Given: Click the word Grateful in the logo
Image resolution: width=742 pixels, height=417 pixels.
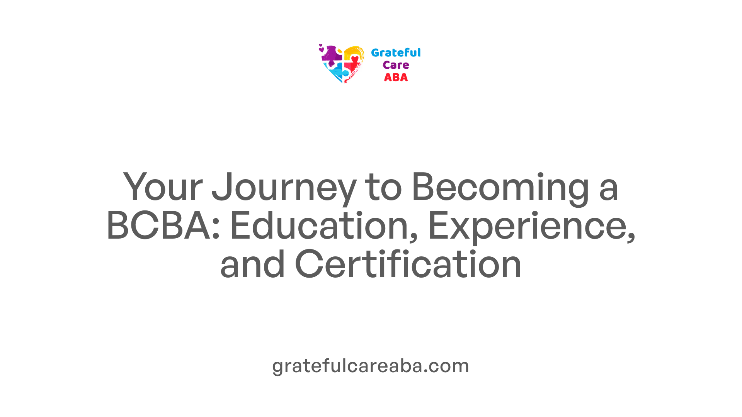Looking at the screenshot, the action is tap(396, 53).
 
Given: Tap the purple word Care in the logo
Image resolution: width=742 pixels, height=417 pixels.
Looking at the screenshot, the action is tap(396, 65).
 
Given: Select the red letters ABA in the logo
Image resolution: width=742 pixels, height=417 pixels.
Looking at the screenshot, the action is tap(396, 78).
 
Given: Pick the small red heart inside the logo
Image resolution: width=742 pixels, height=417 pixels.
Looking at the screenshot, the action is tap(355, 59).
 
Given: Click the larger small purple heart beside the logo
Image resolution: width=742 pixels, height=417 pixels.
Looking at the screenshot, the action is tap(321, 49).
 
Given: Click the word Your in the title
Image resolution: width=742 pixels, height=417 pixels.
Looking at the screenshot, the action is tap(163, 187).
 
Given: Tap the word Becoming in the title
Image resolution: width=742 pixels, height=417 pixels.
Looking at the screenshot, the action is tap(500, 189).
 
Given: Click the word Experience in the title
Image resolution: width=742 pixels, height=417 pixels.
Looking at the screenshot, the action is tap(532, 228).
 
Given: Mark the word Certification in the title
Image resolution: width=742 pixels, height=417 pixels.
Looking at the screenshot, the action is tap(408, 264).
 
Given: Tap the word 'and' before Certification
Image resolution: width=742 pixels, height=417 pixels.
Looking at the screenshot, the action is tap(252, 264).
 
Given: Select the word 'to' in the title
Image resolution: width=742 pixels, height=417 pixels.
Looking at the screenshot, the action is tap(384, 188).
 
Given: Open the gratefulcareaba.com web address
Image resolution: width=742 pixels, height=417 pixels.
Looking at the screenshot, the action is tap(371, 366).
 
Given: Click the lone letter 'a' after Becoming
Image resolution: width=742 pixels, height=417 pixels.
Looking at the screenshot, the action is tap(609, 191).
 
